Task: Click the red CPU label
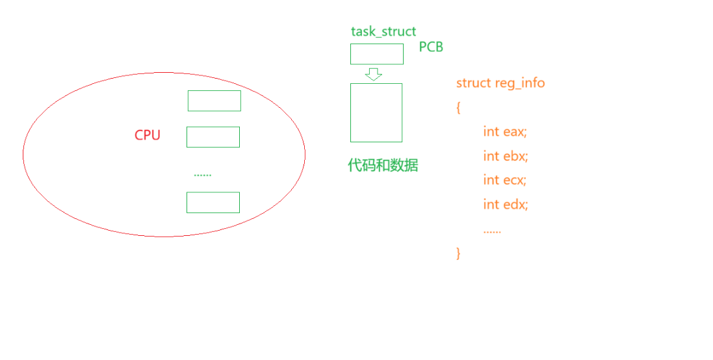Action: (x=147, y=135)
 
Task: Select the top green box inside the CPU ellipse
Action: (x=214, y=101)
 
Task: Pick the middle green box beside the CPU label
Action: (x=213, y=137)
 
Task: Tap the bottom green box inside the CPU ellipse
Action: (x=213, y=202)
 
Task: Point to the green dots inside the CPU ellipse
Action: (x=203, y=174)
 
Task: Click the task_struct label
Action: (x=383, y=31)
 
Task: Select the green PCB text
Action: (x=431, y=47)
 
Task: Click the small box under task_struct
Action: (x=377, y=54)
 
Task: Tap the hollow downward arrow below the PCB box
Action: (x=374, y=74)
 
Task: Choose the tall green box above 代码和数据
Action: (x=376, y=112)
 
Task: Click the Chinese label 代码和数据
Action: (x=383, y=165)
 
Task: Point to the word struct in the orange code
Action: (x=474, y=83)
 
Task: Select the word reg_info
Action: (x=520, y=83)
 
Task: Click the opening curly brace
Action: (x=458, y=107)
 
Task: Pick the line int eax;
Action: (x=505, y=131)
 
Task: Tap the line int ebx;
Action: (x=506, y=156)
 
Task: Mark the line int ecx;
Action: (x=505, y=180)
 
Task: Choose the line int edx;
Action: (x=506, y=204)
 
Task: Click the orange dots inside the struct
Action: (x=492, y=231)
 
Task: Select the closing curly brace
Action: (x=458, y=253)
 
